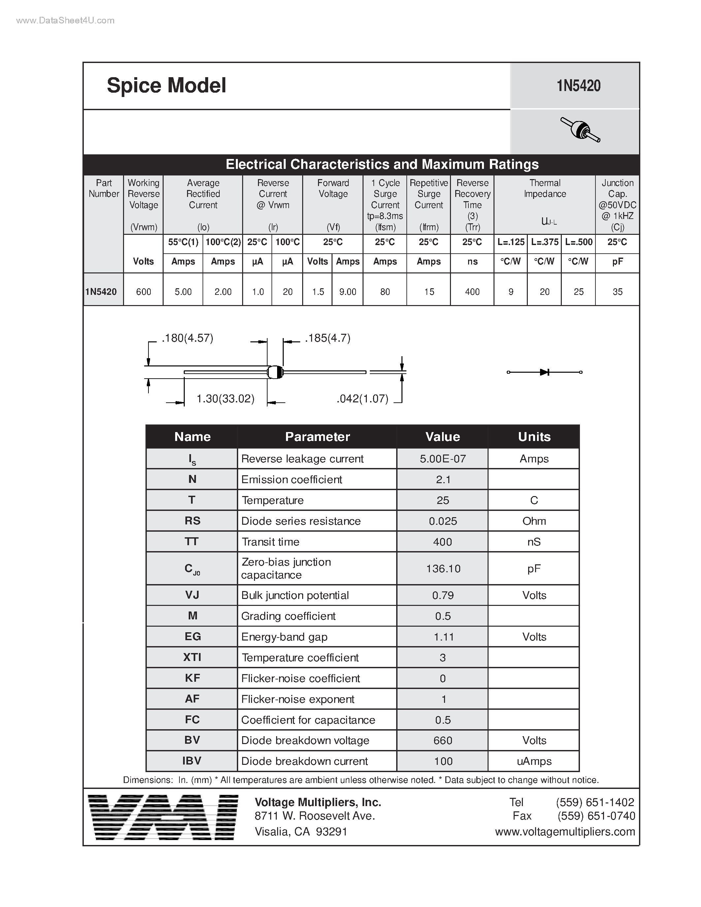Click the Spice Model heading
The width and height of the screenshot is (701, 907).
pos(166,85)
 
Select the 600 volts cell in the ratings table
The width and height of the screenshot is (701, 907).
pos(143,292)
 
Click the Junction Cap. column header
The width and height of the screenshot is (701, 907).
pos(617,204)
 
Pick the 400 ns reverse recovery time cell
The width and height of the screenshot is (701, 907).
pos(472,292)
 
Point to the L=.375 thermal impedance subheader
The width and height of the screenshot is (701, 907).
pos(544,242)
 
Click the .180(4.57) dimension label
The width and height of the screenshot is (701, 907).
pos(187,338)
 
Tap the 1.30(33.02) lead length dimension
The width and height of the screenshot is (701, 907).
pos(225,399)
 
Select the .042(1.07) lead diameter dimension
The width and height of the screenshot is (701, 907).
pos(362,399)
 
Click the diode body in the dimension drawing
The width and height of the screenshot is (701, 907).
pos(275,372)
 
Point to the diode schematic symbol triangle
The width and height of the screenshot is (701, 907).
pos(544,372)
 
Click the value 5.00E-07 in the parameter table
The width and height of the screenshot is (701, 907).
pos(443,458)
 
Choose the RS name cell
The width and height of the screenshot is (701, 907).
pos(192,521)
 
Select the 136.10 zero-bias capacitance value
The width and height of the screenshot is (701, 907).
pos(443,568)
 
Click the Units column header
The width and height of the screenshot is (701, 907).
pos(534,436)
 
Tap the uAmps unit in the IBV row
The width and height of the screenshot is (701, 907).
pos(534,761)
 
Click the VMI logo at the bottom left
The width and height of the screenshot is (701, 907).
pos(163,817)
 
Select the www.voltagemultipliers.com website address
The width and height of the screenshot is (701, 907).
pos(565,831)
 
